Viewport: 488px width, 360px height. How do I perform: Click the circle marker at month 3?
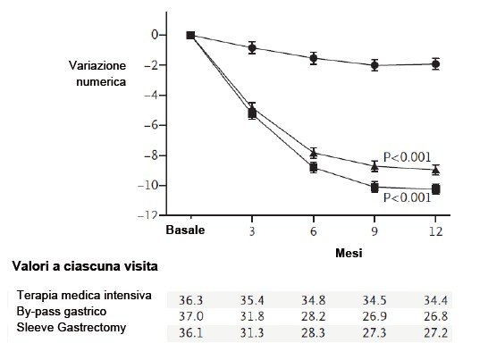(252, 48)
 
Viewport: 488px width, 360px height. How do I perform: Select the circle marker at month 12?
(436, 64)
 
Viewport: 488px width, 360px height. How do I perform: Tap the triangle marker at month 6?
(314, 153)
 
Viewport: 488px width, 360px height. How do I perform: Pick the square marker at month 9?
(374, 188)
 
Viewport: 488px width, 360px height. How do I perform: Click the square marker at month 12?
(436, 188)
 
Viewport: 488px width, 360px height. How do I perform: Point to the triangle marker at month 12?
(436, 170)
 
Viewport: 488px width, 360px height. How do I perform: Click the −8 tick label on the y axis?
(151, 155)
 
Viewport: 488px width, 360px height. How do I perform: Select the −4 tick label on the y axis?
(151, 95)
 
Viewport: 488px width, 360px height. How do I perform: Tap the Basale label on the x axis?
(185, 230)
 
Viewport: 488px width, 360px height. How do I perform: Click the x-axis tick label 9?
(374, 231)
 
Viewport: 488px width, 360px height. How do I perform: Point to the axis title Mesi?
(349, 253)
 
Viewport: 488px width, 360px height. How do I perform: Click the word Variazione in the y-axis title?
(97, 65)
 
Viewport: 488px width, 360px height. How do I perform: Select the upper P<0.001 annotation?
(407, 157)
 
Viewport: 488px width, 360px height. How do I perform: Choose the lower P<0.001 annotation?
(407, 197)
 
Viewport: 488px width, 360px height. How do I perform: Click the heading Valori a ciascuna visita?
(85, 266)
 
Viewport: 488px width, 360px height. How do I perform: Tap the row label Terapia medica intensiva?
(84, 295)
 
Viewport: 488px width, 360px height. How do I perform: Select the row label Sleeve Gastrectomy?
(72, 327)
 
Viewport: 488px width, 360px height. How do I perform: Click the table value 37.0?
(190, 316)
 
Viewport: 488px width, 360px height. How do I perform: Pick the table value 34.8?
(313, 300)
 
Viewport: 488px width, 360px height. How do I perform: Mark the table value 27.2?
(436, 332)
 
